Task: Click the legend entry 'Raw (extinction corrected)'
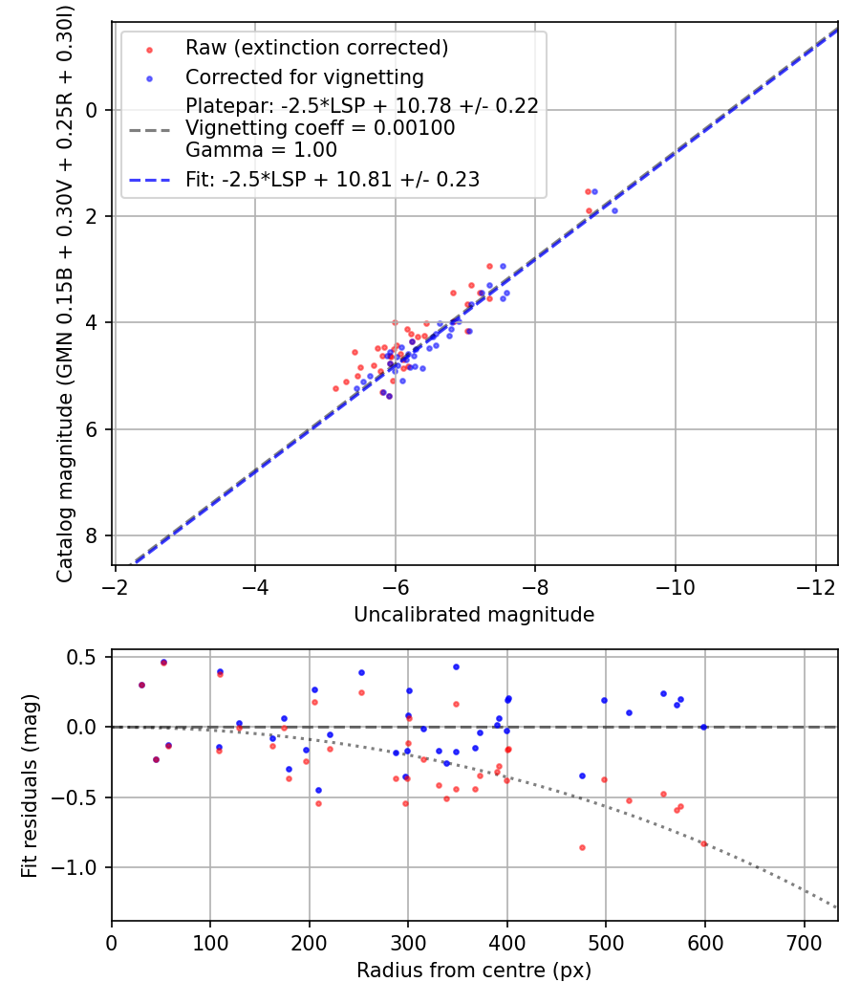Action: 316,48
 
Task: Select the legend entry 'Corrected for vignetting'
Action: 304,76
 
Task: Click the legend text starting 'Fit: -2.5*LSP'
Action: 332,179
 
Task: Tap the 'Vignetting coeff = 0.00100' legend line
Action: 320,128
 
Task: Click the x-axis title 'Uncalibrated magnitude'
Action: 474,615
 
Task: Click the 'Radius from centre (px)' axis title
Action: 474,971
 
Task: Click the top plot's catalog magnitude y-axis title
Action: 65,293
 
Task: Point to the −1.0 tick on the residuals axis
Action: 80,867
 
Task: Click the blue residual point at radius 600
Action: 704,727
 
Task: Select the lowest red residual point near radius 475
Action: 582,847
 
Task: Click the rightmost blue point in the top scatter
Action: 614,210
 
